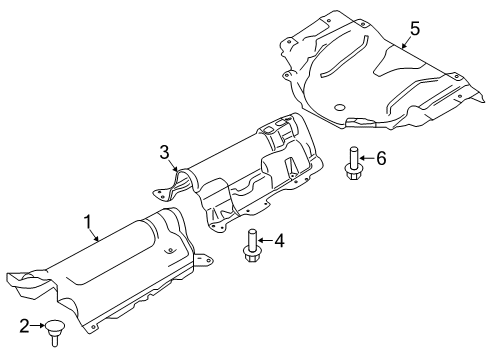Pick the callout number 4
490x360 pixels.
[281, 240]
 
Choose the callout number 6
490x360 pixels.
[381, 158]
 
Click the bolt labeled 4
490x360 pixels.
[250, 247]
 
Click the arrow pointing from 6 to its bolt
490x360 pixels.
[368, 158]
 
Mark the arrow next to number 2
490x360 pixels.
[37, 324]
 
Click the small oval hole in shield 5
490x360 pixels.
[340, 107]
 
